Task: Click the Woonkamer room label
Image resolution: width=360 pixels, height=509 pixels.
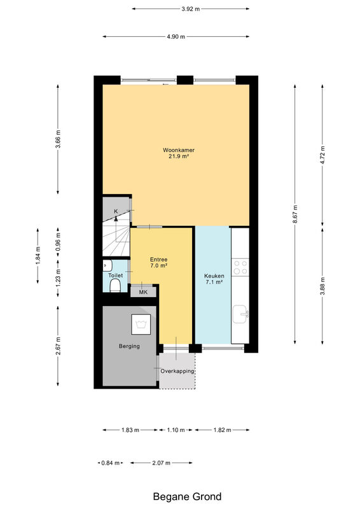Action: click(179, 150)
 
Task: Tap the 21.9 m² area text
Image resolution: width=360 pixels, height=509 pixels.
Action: click(179, 157)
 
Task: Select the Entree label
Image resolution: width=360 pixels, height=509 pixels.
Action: click(159, 260)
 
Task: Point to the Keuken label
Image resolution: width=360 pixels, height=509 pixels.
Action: click(214, 276)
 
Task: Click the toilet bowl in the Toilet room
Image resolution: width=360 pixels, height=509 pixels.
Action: click(115, 286)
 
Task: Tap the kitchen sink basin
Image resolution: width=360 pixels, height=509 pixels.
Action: click(240, 314)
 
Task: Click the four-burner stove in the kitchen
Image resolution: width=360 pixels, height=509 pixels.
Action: click(240, 267)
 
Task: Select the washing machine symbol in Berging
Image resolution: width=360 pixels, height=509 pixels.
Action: click(141, 324)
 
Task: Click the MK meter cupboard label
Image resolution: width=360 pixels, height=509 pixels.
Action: click(143, 292)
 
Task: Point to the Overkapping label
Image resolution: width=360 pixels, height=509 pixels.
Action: click(177, 371)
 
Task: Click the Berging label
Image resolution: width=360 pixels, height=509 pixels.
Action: click(129, 346)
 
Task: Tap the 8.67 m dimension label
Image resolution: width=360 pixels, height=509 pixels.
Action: click(294, 214)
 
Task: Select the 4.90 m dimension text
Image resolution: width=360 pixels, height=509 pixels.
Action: click(176, 37)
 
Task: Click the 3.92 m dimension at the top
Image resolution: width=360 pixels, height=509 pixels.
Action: click(191, 9)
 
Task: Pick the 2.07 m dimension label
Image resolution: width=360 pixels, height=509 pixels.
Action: click(161, 463)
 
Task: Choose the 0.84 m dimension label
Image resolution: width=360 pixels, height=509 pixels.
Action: click(111, 463)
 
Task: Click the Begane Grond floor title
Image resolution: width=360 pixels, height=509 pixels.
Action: click(187, 497)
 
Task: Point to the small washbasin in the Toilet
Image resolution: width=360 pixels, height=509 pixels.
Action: click(107, 265)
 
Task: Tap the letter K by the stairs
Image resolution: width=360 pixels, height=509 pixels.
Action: click(116, 211)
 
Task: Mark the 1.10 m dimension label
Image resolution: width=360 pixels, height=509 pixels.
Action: click(176, 430)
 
